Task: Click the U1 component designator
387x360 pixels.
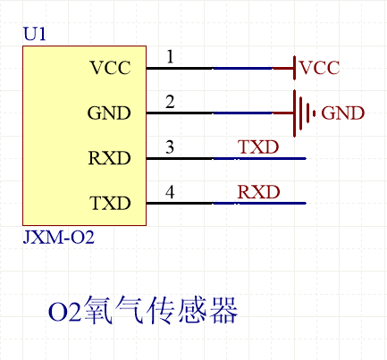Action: (35, 35)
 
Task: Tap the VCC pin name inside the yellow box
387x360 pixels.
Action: (110, 68)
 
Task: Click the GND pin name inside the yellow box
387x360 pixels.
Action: (109, 113)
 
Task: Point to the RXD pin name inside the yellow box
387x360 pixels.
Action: (109, 159)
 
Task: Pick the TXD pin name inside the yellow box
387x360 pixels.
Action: (109, 204)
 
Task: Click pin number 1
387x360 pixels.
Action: (170, 58)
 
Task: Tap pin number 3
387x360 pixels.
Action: (170, 148)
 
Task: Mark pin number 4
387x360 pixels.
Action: (170, 193)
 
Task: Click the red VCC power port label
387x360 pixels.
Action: (320, 68)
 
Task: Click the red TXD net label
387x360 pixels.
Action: (258, 147)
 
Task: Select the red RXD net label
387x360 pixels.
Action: (258, 192)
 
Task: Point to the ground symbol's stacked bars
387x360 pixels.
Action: (304, 113)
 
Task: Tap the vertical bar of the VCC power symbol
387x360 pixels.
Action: (294, 68)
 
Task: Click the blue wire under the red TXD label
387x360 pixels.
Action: (259, 159)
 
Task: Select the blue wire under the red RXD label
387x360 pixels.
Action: (259, 204)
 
